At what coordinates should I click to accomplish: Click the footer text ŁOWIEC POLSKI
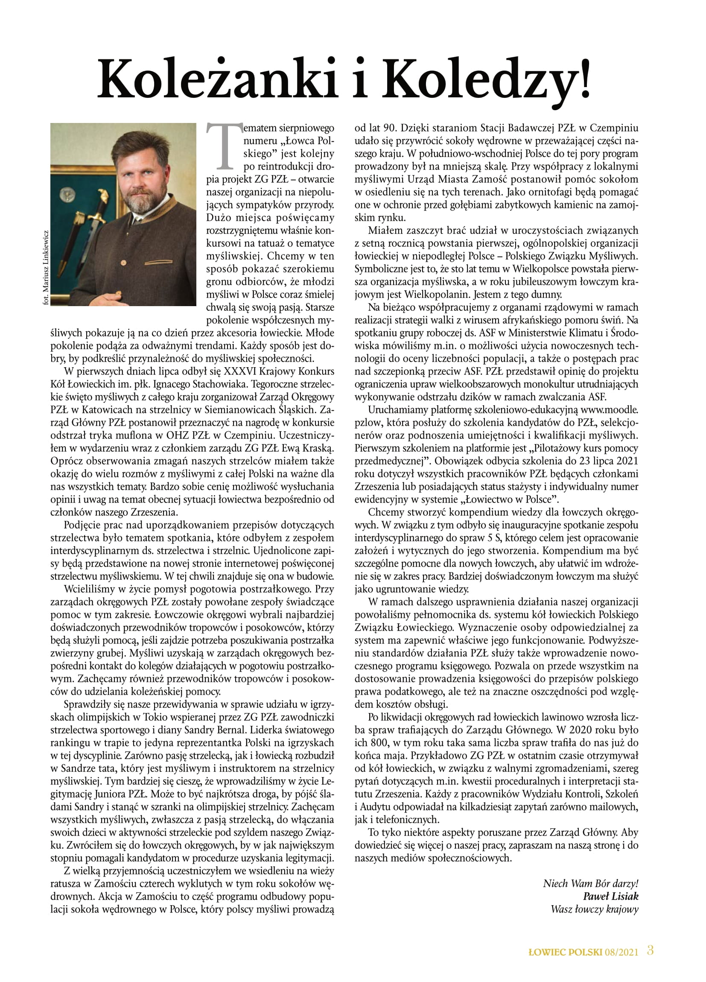click(565, 952)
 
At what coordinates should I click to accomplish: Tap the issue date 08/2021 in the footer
click(622, 952)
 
